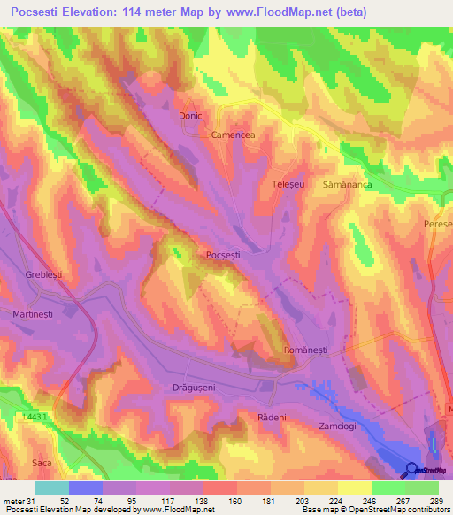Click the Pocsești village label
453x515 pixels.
(x=222, y=255)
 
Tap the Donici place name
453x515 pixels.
(x=192, y=116)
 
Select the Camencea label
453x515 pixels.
(x=233, y=135)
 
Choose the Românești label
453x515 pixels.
(x=305, y=351)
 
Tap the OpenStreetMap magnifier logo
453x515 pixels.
(x=411, y=470)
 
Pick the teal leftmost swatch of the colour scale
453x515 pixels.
(x=52, y=488)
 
